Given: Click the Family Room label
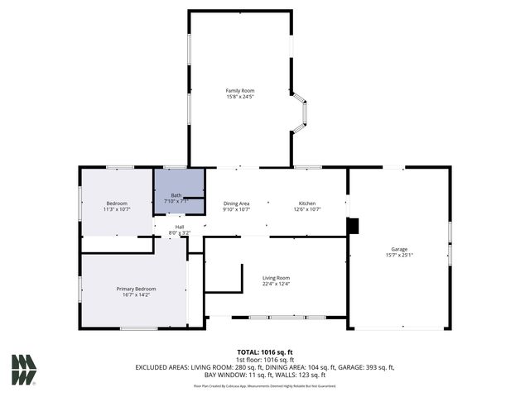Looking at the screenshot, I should tap(240, 90).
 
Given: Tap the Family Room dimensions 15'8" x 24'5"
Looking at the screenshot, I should tap(240, 97).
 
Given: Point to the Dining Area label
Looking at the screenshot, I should tap(236, 203).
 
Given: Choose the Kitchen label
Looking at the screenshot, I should tap(306, 203).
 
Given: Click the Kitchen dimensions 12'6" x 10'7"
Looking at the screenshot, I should tap(306, 210).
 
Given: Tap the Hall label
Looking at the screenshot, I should tap(179, 227).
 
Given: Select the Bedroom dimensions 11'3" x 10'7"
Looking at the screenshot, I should tap(116, 210).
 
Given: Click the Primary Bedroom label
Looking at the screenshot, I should tap(136, 288).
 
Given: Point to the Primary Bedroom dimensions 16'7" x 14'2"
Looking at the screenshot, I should tap(136, 294).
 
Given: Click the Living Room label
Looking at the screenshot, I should tap(276, 278).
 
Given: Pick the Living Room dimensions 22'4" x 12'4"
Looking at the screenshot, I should tap(276, 285).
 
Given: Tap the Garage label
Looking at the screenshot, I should tap(399, 248).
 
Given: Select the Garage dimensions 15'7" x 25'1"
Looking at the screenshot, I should tap(399, 255).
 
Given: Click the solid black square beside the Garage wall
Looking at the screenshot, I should tap(354, 224).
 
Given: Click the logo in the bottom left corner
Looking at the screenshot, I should tap(24, 370).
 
